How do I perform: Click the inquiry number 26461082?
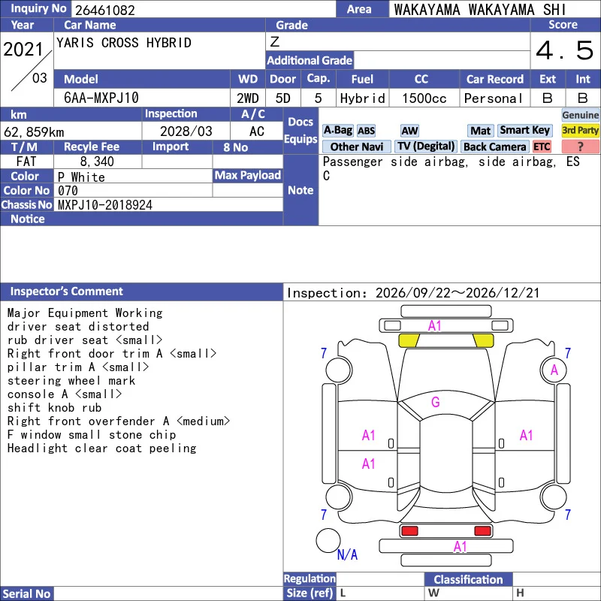point(105,10)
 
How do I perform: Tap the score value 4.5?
point(564,50)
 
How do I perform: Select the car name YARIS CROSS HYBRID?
point(124,43)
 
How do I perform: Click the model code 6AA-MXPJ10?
point(101,98)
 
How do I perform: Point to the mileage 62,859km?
point(34,132)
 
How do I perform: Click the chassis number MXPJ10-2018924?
point(105,205)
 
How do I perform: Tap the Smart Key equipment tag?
point(524,130)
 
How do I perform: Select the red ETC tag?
point(542,146)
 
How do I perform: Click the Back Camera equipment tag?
point(494,146)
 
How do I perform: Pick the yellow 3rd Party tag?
point(580,130)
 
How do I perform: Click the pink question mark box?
point(580,146)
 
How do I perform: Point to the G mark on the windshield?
point(436,402)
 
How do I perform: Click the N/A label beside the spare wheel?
point(347,554)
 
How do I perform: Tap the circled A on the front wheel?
point(554,370)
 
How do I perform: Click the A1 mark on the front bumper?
point(435,326)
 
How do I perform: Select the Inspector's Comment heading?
point(66,291)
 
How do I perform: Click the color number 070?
point(68,191)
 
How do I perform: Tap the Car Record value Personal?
point(494,98)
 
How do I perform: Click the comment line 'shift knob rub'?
point(54,407)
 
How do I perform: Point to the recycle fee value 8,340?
point(97,162)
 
